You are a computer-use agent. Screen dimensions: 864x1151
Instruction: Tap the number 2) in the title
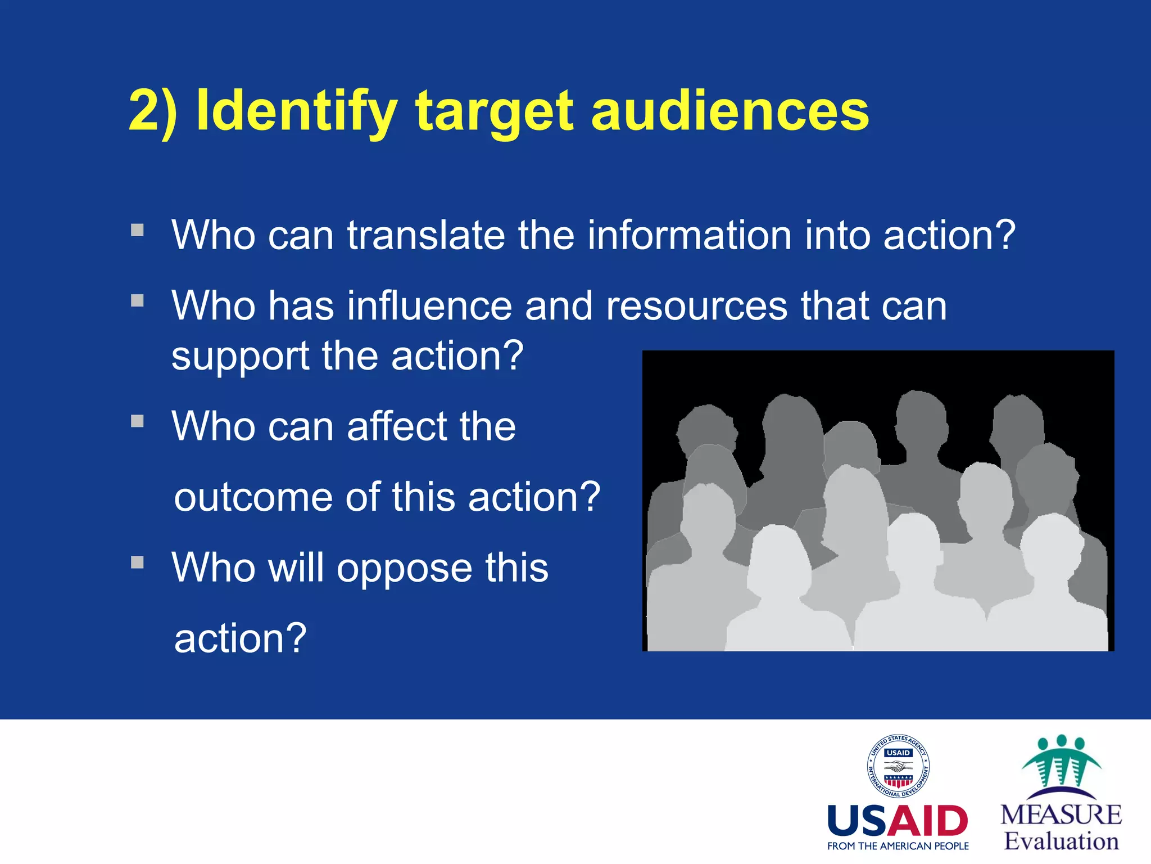pos(153,111)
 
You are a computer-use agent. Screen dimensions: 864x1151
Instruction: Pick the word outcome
pos(253,497)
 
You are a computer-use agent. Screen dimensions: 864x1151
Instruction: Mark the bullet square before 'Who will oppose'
pos(138,562)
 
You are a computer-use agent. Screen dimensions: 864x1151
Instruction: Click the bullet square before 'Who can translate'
pos(138,230)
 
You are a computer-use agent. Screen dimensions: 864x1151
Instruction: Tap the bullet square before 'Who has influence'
pos(138,301)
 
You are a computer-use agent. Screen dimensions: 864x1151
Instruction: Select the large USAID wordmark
pos(898,821)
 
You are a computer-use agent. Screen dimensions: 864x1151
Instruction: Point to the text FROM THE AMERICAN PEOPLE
pos(898,846)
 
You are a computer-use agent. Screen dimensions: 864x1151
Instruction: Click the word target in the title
pos(495,111)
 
